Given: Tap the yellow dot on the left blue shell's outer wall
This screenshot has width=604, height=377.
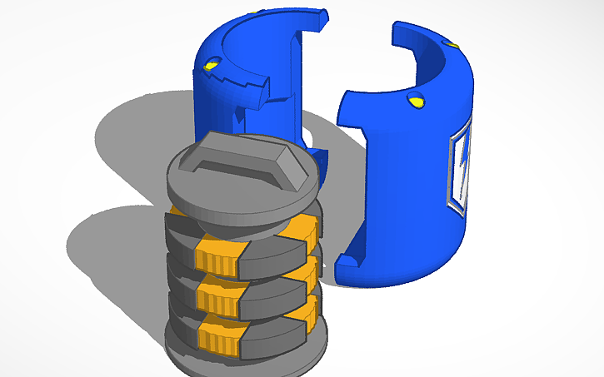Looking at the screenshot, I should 212,64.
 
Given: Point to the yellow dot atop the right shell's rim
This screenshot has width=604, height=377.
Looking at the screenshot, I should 452,42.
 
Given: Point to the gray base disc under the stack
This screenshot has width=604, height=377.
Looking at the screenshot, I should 250,359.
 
